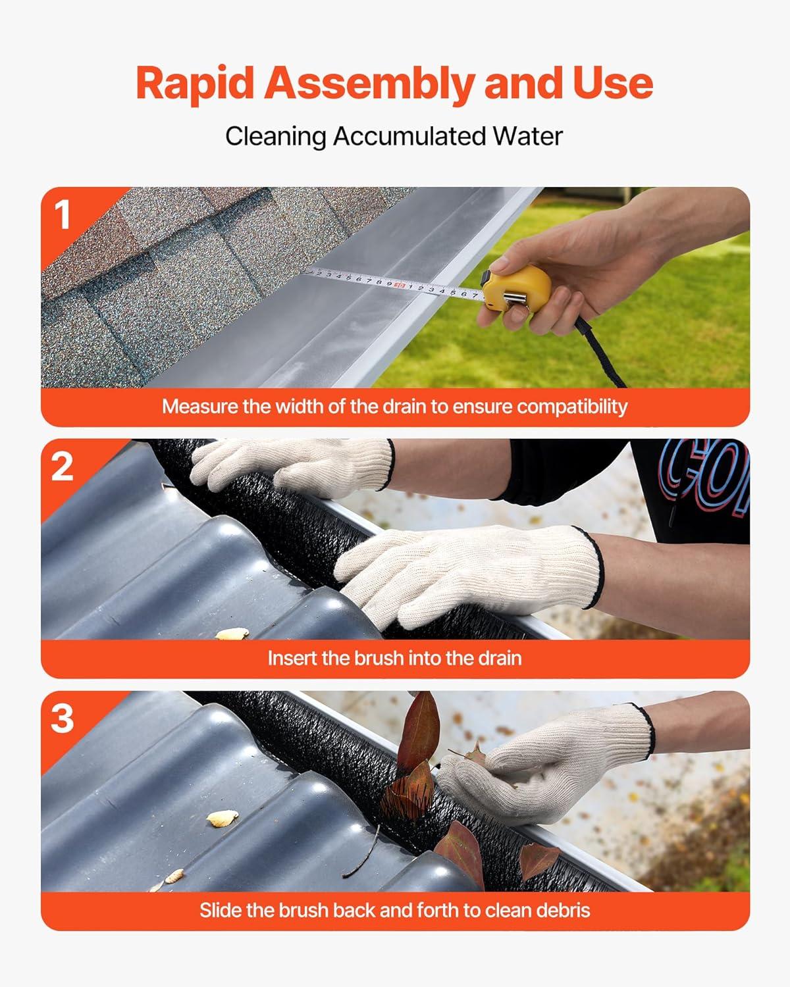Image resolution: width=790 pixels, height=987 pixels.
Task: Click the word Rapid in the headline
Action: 195,83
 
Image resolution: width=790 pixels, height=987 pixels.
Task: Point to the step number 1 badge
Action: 62,215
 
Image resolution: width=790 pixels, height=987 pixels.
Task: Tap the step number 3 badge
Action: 62,719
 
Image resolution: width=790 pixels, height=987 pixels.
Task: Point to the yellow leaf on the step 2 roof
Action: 232,634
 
